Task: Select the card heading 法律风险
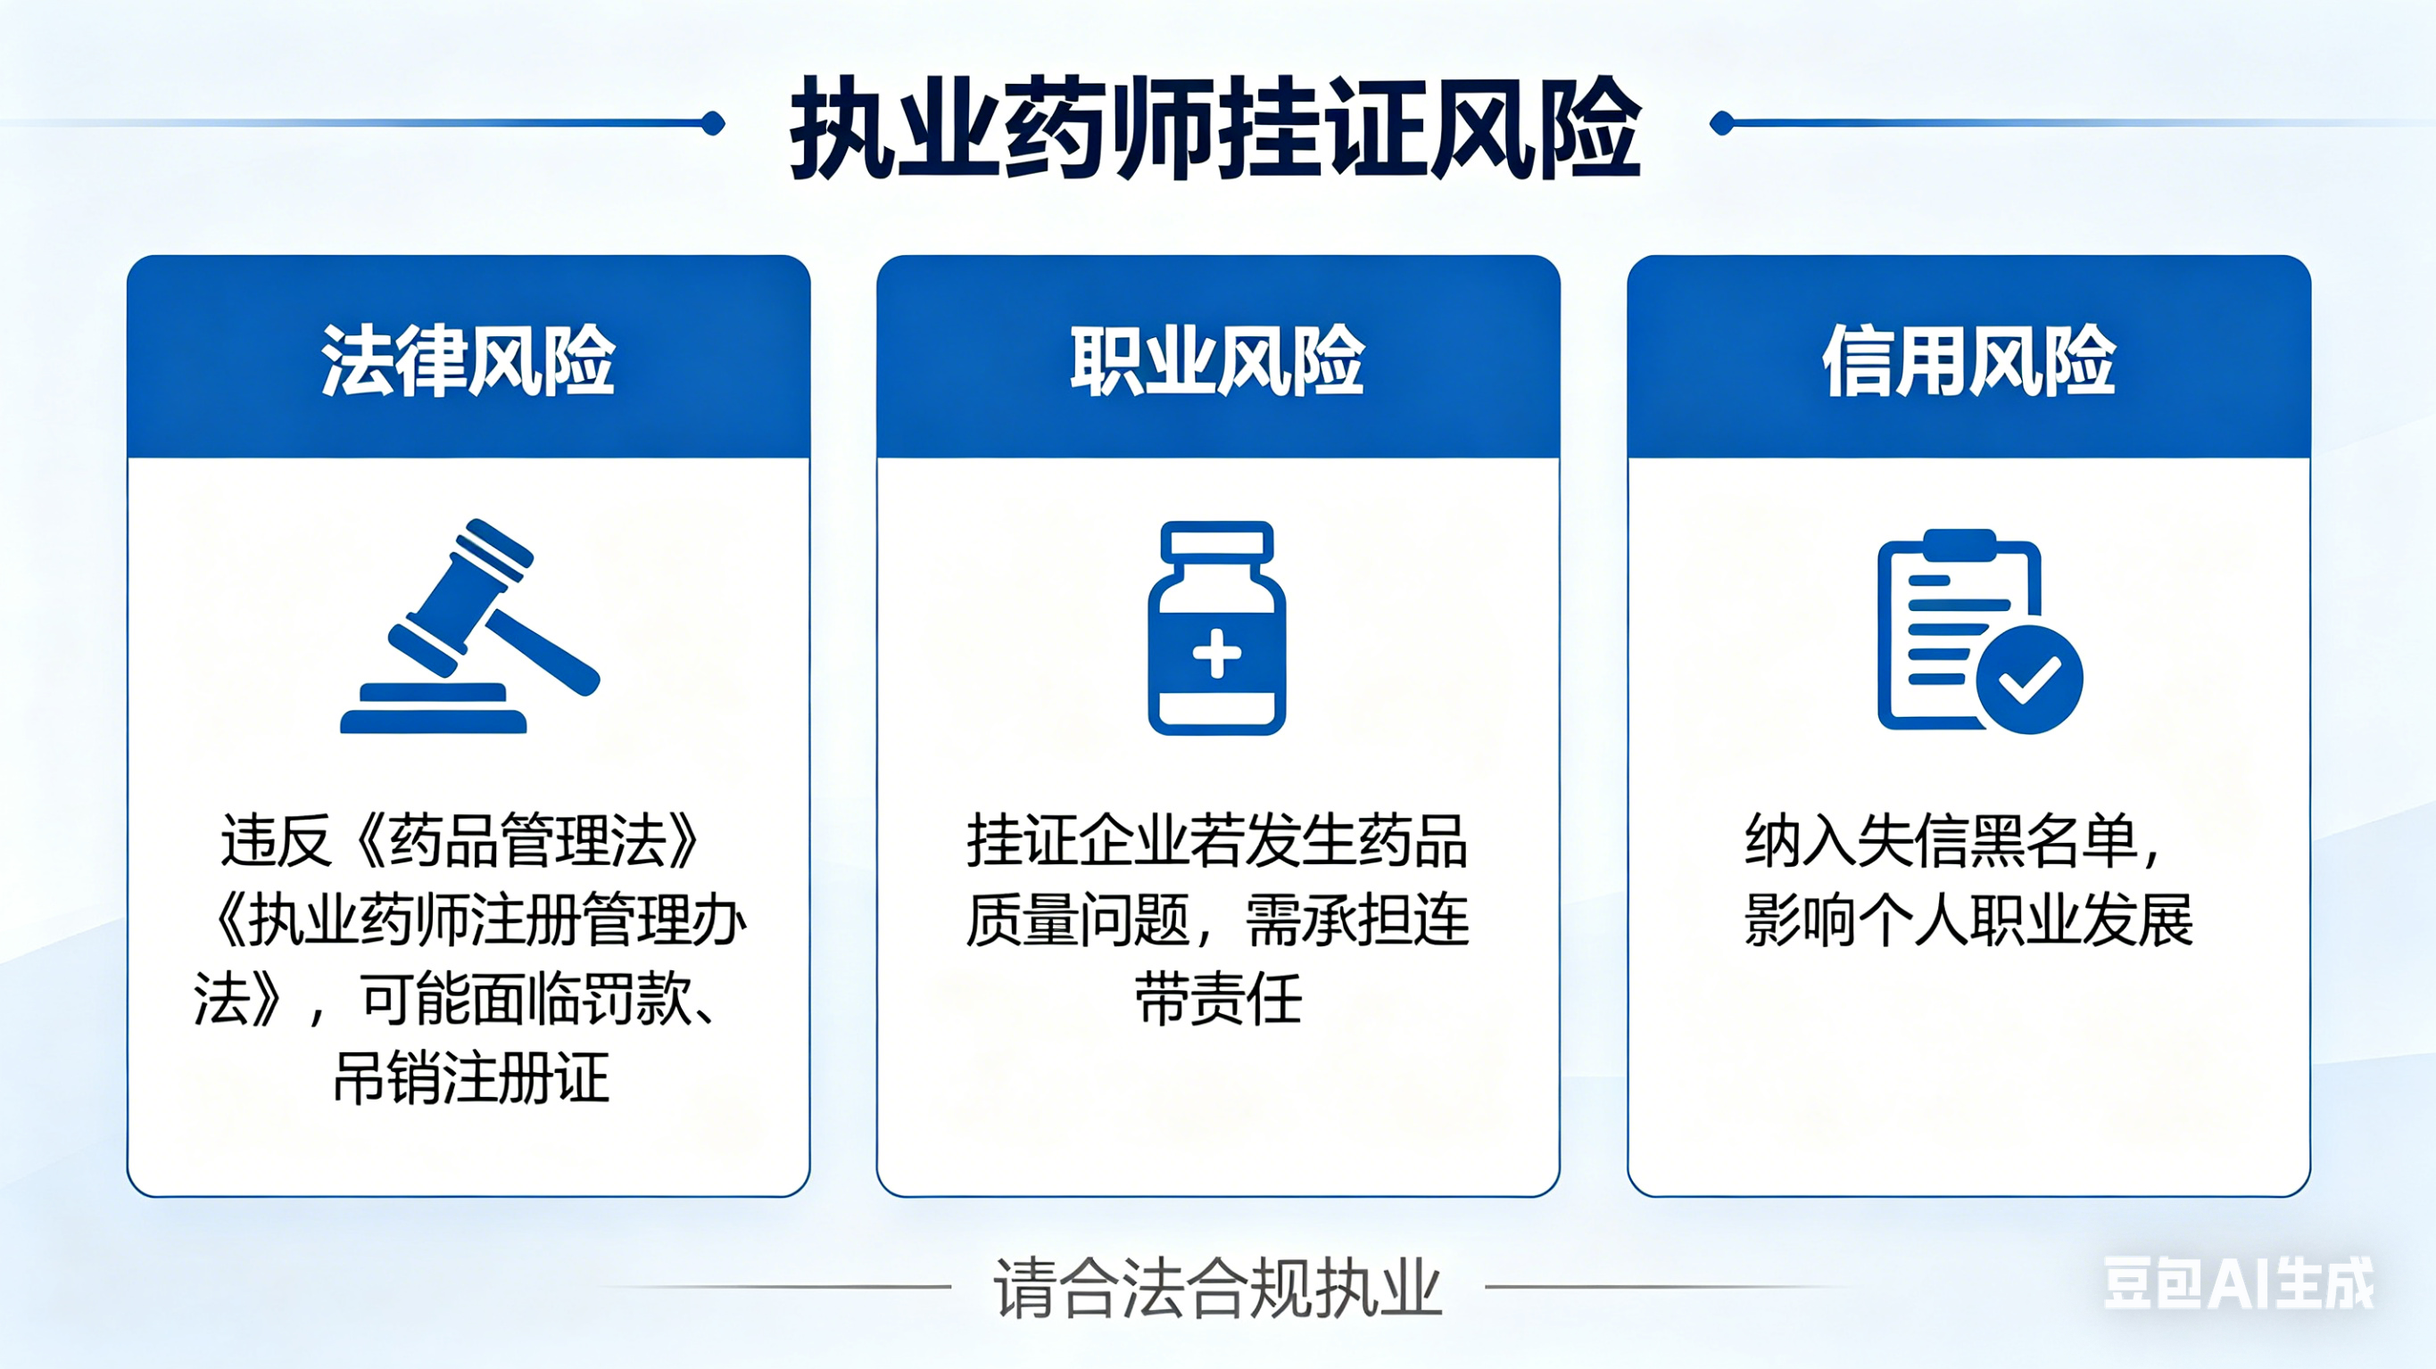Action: (468, 361)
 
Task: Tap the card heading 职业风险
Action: (1217, 361)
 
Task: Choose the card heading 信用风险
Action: (1968, 361)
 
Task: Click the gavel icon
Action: (470, 627)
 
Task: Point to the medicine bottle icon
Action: (1217, 629)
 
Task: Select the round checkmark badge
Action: (2028, 679)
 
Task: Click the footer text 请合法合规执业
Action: (1217, 1288)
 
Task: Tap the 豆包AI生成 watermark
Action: (2237, 1284)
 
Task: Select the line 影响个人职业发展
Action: (1968, 920)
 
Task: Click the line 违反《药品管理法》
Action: (460, 840)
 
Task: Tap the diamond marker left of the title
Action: (714, 124)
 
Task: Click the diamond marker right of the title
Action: (1722, 124)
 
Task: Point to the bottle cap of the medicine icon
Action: (1217, 540)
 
